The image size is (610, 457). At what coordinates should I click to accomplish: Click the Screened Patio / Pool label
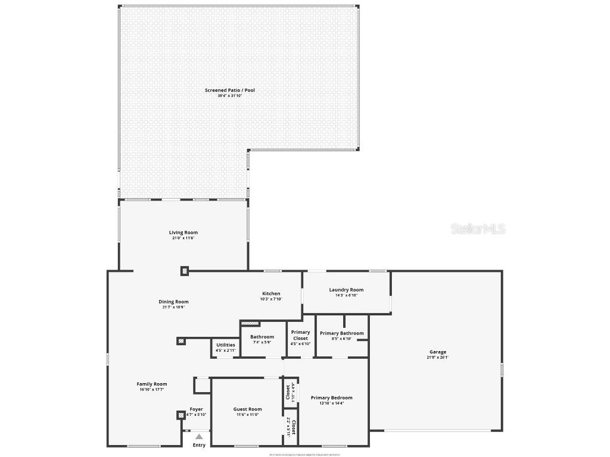(230, 90)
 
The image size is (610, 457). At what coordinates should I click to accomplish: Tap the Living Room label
(183, 233)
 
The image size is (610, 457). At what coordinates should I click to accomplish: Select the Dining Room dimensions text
(173, 308)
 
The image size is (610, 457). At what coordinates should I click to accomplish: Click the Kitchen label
(271, 293)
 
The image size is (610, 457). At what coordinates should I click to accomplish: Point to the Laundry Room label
(346, 290)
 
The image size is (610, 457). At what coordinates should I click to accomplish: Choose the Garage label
(437, 352)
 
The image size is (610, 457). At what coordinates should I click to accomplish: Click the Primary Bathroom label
(341, 333)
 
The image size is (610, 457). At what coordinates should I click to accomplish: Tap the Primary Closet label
(301, 335)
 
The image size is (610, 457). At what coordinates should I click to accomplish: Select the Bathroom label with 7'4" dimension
(262, 337)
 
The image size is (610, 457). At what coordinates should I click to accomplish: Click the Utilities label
(226, 345)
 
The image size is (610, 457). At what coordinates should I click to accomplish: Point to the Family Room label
(152, 384)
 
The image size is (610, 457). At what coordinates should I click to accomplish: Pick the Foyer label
(196, 409)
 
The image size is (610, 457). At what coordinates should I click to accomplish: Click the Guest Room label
(247, 409)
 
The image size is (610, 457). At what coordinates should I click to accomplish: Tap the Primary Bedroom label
(331, 397)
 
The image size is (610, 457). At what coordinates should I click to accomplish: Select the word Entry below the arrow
(199, 445)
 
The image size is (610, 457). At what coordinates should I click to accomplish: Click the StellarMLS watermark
(478, 228)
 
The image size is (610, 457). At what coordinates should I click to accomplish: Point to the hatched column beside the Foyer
(180, 415)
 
